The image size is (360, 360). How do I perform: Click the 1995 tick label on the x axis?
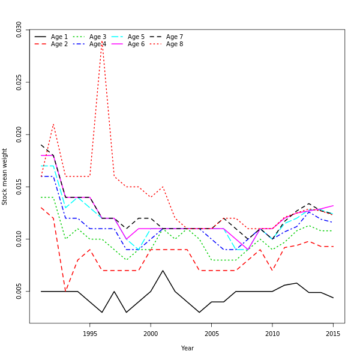tap(90, 334)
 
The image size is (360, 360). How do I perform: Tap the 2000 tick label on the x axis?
tap(151, 334)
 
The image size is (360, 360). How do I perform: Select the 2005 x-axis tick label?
tap(211, 334)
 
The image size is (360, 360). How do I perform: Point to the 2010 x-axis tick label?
tap(272, 334)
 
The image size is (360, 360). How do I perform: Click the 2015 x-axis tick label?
tap(333, 334)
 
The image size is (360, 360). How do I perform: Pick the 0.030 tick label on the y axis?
tap(19, 29)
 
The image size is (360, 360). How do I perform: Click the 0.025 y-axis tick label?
tap(19, 82)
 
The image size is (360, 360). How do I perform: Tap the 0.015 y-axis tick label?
tap(19, 187)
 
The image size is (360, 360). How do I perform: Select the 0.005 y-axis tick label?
tap(19, 292)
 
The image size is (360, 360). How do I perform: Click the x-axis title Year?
tap(187, 348)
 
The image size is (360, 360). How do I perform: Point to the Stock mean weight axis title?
tap(5, 176)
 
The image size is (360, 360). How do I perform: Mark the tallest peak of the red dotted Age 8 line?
tap(102, 42)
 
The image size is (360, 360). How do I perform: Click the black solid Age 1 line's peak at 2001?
tap(163, 271)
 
